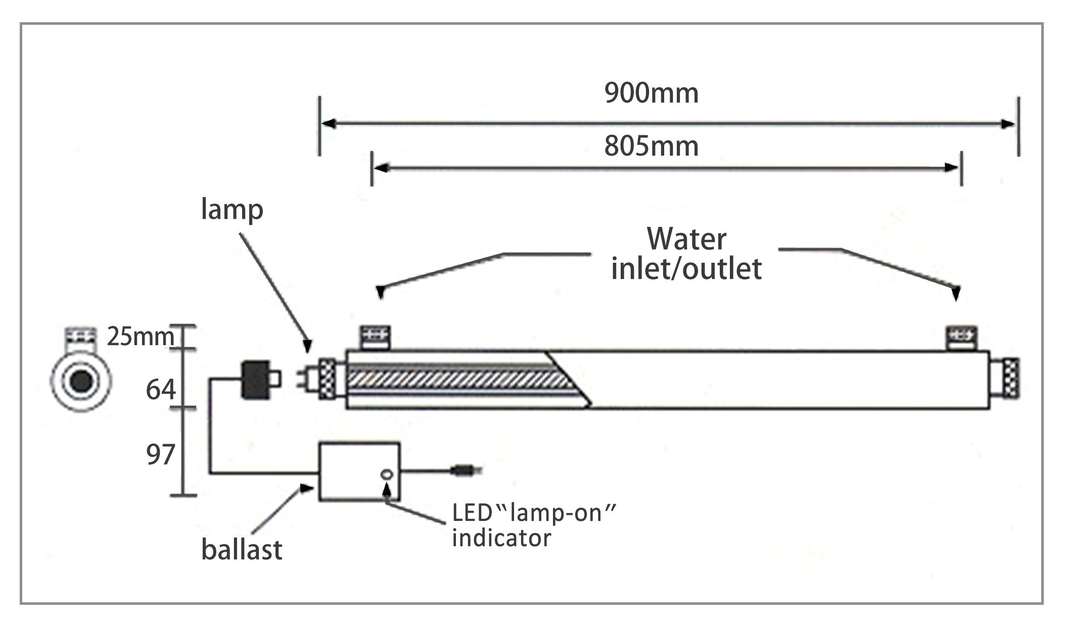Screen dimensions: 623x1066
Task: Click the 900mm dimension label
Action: (x=651, y=93)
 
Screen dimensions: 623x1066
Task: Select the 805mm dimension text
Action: (x=651, y=147)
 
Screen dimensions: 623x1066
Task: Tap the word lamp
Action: (x=232, y=209)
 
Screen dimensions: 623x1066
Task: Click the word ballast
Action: (x=242, y=550)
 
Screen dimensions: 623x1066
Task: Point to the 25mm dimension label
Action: (x=140, y=337)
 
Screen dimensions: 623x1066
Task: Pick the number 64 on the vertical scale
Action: (x=161, y=390)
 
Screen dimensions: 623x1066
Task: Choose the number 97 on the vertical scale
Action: (x=161, y=455)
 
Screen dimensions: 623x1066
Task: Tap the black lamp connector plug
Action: (x=256, y=379)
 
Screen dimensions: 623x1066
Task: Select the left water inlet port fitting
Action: (x=375, y=337)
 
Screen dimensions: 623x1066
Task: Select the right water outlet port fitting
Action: (x=961, y=337)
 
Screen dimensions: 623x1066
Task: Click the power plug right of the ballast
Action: (x=466, y=471)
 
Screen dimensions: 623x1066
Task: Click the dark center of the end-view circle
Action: (x=81, y=380)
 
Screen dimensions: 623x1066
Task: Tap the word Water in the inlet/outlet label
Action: (x=686, y=239)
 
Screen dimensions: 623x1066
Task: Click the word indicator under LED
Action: (x=501, y=538)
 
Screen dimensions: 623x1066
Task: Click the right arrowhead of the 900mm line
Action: (x=1008, y=124)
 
